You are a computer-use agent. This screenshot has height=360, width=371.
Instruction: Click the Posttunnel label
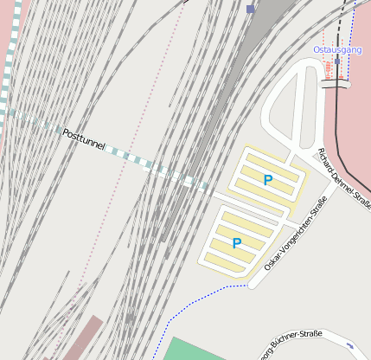[84, 140]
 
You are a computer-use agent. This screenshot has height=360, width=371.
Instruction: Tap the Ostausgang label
[337, 50]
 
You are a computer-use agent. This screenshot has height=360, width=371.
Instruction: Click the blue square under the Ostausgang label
[337, 61]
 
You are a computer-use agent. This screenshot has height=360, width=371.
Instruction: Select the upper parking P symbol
[268, 180]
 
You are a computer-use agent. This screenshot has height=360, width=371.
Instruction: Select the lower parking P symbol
[237, 243]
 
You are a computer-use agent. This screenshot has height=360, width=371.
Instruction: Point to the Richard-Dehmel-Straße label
[344, 179]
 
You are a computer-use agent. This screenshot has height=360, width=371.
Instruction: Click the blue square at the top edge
[251, 9]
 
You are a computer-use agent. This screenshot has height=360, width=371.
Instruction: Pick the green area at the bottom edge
[199, 350]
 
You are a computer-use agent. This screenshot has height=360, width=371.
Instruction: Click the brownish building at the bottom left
[82, 338]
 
